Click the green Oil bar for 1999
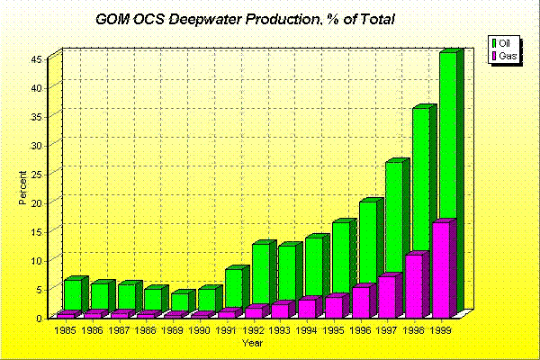(x=447, y=135)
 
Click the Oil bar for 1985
(x=72, y=295)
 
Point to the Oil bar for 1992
(x=261, y=274)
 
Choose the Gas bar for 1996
(x=361, y=302)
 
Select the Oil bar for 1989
(x=180, y=301)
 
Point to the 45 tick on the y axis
(x=39, y=59)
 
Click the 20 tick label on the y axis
(x=39, y=202)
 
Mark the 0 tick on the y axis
(x=41, y=318)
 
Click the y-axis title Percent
(x=23, y=186)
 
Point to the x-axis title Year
(x=253, y=343)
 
